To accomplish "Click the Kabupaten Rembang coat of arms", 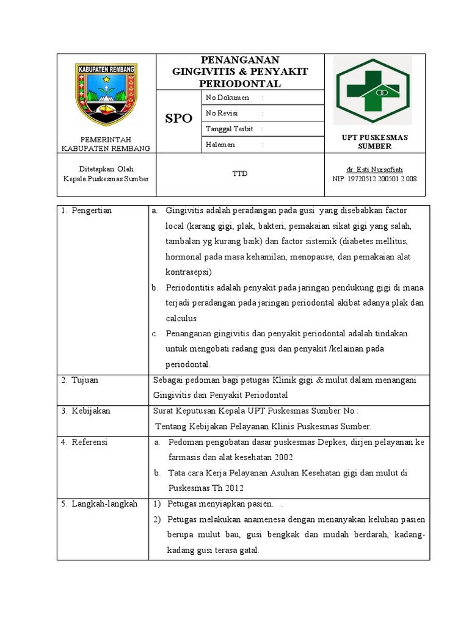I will point(106,93).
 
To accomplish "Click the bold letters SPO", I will point(178,118).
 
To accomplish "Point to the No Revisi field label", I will point(222,114).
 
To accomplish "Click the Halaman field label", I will point(220,145).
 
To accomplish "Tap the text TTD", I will point(239,175).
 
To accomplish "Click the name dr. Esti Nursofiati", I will point(374,169).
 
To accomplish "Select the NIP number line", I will point(374,179).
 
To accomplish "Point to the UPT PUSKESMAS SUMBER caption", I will point(374,142).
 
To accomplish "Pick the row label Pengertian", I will point(96,211).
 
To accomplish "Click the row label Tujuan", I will point(89,380).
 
